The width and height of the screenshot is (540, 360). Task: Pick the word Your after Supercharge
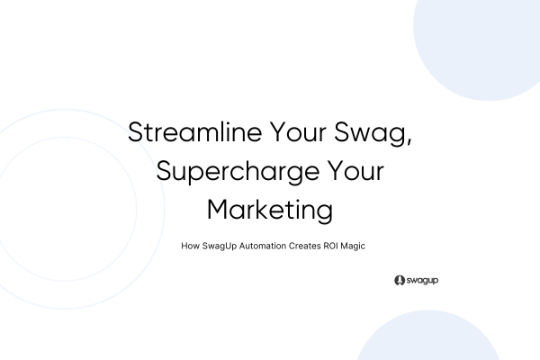pyautogui.click(x=356, y=171)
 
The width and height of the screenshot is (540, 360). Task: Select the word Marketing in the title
pyautogui.click(x=270, y=210)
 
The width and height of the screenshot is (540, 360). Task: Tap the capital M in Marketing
pyautogui.click(x=220, y=209)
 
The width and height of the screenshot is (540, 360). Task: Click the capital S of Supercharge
pyautogui.click(x=163, y=171)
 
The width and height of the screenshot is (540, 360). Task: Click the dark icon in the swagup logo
pyautogui.click(x=399, y=281)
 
